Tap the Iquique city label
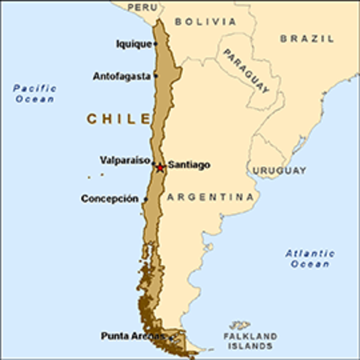pos(133,43)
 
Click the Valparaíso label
pos(124,160)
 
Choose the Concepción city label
pos(109,199)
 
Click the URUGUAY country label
pos(279,171)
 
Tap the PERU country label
pos(142,7)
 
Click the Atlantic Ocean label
pos(310,259)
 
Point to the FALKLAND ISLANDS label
pos(251,342)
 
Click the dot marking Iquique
pos(156,43)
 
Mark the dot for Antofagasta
pos(156,76)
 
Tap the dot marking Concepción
pos(144,199)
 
